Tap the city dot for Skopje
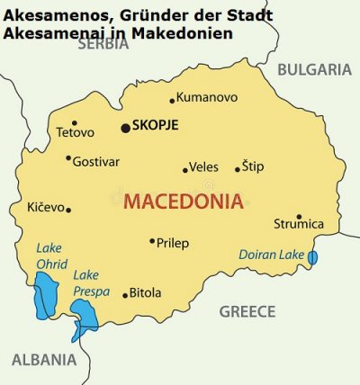[x=125, y=128]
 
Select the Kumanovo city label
[x=207, y=97]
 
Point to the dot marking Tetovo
[x=75, y=123]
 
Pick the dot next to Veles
[x=185, y=169]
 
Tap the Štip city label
[x=253, y=166]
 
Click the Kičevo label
[x=46, y=207]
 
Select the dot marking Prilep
[x=151, y=241]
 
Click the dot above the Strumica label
[x=299, y=216]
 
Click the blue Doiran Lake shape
[x=312, y=257]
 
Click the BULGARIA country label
[x=313, y=69]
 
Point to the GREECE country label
[x=247, y=311]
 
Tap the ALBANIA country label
[x=43, y=360]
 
